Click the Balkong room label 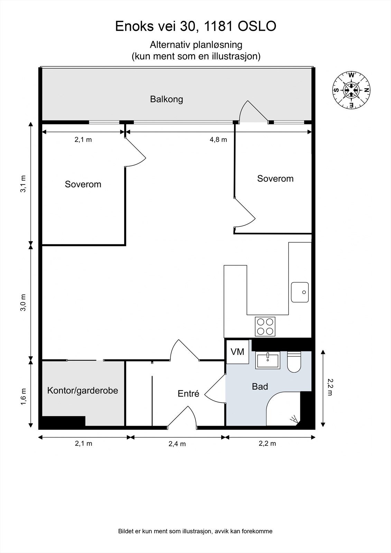pyautogui.click(x=167, y=100)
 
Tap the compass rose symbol pyautogui.click(x=351, y=90)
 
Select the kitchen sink pyautogui.click(x=300, y=292)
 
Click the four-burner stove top pyautogui.click(x=265, y=327)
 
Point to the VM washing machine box pyautogui.click(x=238, y=352)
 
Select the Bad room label pyautogui.click(x=260, y=386)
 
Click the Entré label pyautogui.click(x=188, y=394)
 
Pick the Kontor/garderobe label pyautogui.click(x=83, y=391)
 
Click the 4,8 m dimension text pyautogui.click(x=218, y=140)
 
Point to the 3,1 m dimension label pyautogui.click(x=23, y=184)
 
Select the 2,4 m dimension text pyautogui.click(x=177, y=444)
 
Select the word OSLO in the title pyautogui.click(x=257, y=26)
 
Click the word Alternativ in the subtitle pyautogui.click(x=170, y=45)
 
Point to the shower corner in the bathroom pyautogui.click(x=283, y=408)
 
